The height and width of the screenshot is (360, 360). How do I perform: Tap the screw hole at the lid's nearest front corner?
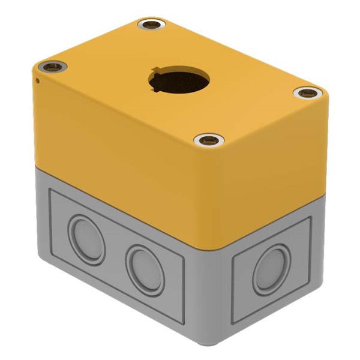[209, 140]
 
